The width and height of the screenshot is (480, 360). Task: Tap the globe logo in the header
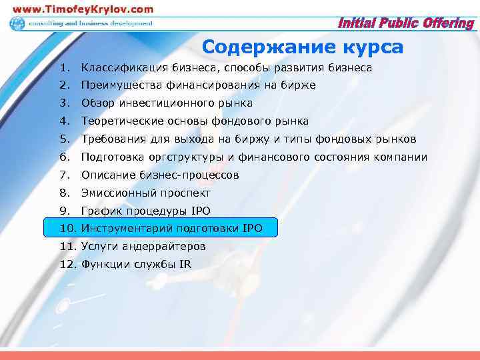(x=17, y=24)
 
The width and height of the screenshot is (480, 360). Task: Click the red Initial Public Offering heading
(x=406, y=24)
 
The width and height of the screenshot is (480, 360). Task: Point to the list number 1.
(x=63, y=68)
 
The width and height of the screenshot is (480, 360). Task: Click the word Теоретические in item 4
(x=121, y=121)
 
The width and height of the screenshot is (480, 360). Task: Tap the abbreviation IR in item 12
(x=185, y=265)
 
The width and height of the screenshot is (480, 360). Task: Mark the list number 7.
(x=63, y=175)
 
